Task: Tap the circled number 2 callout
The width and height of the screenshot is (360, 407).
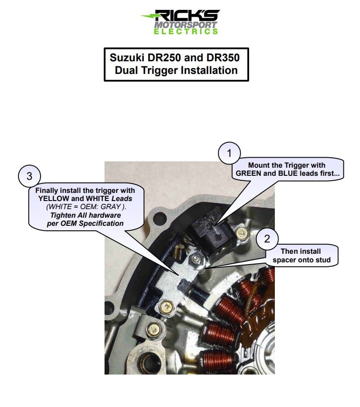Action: tap(267, 239)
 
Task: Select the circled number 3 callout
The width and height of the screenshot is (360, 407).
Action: tap(29, 176)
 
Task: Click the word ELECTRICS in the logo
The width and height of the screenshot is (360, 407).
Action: tap(186, 32)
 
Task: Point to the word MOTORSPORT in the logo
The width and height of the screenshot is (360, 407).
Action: tap(186, 25)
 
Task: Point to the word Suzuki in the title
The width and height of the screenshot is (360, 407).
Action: tap(127, 58)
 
